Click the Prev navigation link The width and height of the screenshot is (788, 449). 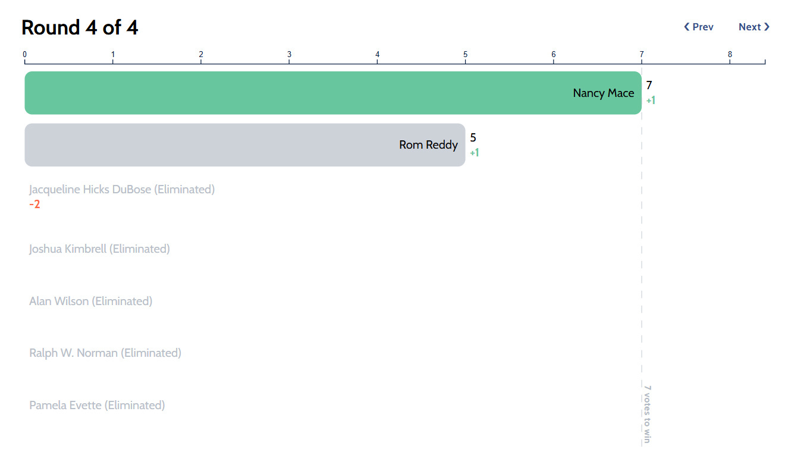[x=698, y=27]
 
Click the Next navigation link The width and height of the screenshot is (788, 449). [x=754, y=27]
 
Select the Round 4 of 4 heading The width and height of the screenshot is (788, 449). [x=80, y=27]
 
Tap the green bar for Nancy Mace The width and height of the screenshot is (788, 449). [x=333, y=93]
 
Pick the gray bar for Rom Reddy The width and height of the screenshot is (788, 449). [x=245, y=145]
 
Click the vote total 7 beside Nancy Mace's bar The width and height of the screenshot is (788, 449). [x=649, y=85]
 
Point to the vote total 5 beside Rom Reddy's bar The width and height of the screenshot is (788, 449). [x=473, y=137]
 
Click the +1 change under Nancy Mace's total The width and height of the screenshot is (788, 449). [x=651, y=101]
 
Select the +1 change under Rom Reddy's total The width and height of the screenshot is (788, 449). [x=475, y=153]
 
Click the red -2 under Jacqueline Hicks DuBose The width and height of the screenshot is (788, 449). [x=35, y=205]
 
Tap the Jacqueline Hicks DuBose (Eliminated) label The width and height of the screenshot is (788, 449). [x=122, y=190]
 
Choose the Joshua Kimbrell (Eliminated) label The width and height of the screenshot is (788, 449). [x=99, y=249]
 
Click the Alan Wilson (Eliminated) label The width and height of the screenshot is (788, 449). [x=91, y=301]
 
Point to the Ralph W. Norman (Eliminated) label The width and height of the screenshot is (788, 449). [x=105, y=353]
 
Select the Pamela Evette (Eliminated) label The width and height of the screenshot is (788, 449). [x=97, y=406]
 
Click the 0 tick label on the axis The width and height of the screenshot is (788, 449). [x=24, y=55]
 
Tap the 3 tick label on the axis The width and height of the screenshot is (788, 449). [x=289, y=55]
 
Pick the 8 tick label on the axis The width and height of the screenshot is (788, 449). [x=730, y=55]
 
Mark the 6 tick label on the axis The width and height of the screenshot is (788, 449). [x=553, y=55]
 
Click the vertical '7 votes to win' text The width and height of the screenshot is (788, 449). [x=648, y=414]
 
